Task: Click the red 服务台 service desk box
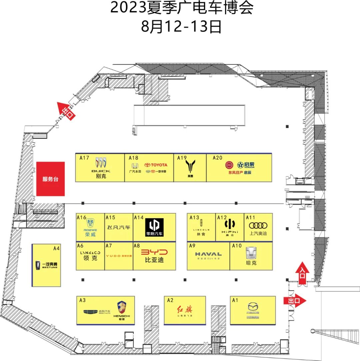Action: point(50,179)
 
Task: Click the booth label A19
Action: point(182,158)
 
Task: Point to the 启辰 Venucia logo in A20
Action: point(246,165)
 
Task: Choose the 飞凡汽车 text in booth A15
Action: point(119,227)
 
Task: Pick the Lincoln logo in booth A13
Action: point(201,224)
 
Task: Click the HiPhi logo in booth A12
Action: point(230,224)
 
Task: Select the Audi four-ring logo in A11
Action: point(258,225)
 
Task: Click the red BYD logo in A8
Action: point(154,252)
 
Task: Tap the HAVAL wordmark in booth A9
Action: point(208,254)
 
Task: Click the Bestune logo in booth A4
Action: point(36,265)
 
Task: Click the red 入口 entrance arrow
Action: point(303,273)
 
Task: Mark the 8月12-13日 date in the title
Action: point(181,27)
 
